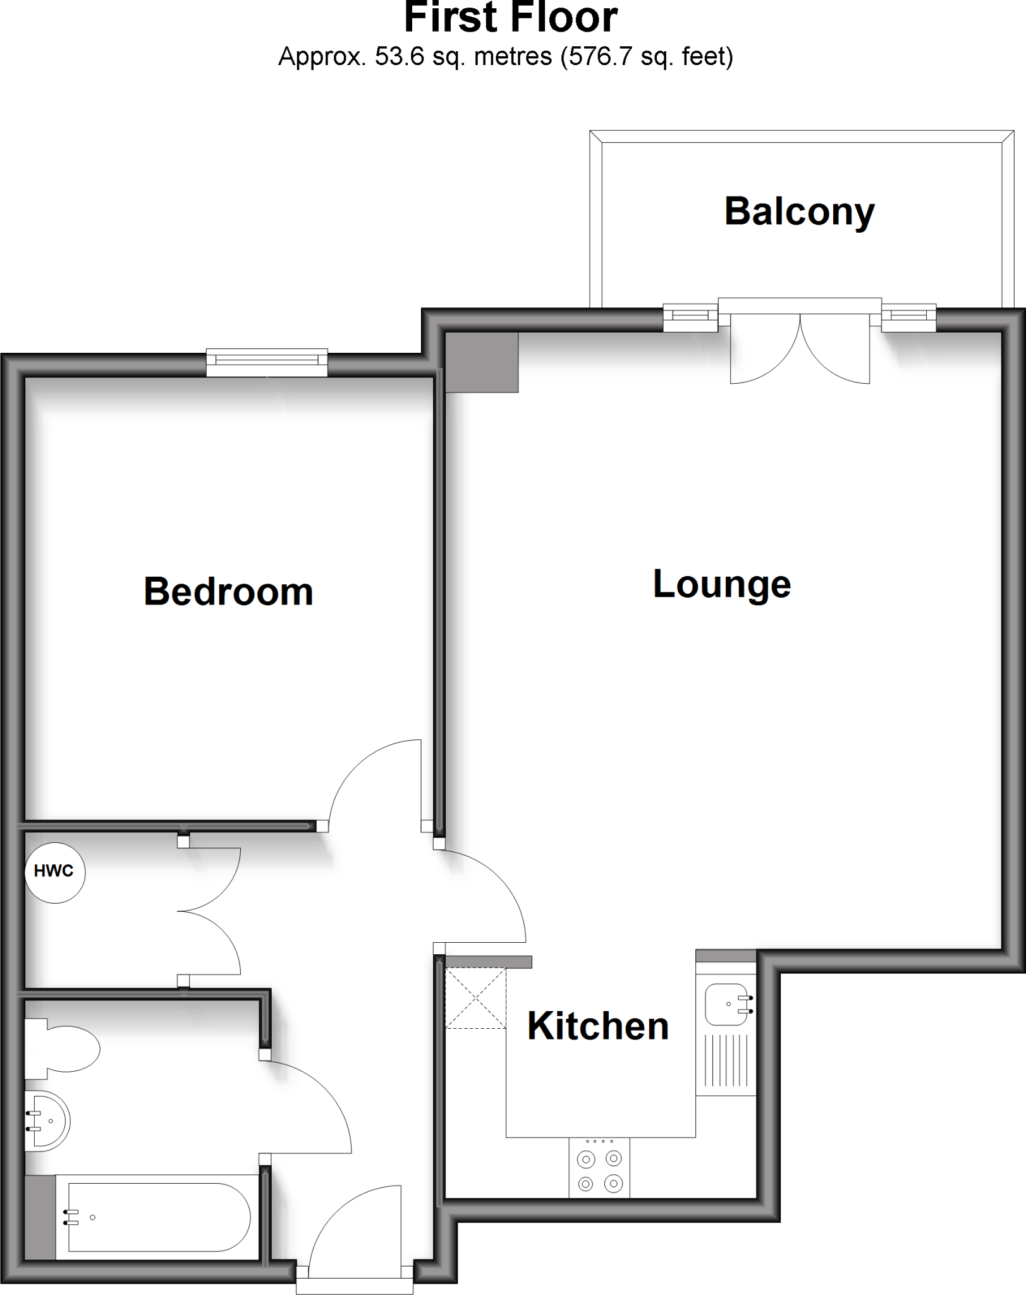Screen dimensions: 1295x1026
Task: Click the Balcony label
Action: pyautogui.click(x=799, y=212)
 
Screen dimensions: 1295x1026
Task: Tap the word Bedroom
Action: pyautogui.click(x=228, y=592)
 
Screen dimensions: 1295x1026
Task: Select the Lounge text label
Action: pyautogui.click(x=721, y=584)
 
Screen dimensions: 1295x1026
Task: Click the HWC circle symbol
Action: pyautogui.click(x=54, y=872)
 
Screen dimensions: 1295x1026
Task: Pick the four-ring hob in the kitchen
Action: pyautogui.click(x=599, y=1170)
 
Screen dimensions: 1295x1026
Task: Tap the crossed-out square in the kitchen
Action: pyautogui.click(x=475, y=998)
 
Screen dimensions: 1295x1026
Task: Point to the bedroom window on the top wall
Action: pyautogui.click(x=267, y=361)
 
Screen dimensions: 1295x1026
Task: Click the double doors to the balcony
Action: pyautogui.click(x=800, y=351)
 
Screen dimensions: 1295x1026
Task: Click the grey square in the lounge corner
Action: pyautogui.click(x=482, y=362)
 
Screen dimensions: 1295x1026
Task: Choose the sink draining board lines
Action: pyautogui.click(x=726, y=1062)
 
